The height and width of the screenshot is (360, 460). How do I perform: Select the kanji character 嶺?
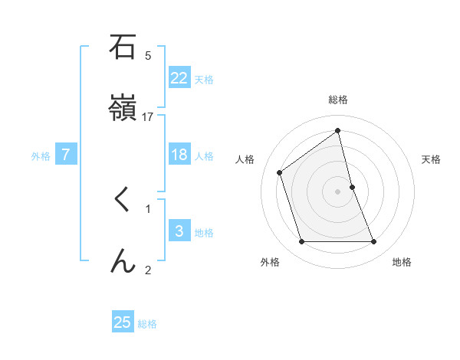click(x=123, y=109)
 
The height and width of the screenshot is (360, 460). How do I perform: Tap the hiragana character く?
click(x=122, y=201)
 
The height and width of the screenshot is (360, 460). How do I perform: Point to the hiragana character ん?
click(x=123, y=261)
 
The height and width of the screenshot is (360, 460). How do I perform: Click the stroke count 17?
click(x=149, y=116)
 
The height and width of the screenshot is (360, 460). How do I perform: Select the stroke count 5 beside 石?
click(x=148, y=55)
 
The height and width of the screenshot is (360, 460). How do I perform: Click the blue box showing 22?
click(x=179, y=78)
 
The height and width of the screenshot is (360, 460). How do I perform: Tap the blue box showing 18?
click(x=179, y=155)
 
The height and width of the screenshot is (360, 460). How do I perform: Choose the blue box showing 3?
click(x=179, y=231)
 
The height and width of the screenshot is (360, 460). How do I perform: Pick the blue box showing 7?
click(x=66, y=155)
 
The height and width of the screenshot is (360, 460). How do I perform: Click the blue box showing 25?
click(x=123, y=322)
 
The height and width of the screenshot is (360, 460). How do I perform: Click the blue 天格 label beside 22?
click(x=204, y=80)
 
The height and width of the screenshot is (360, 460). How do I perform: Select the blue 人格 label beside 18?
click(x=204, y=156)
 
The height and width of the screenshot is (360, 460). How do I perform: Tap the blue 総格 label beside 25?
click(x=147, y=324)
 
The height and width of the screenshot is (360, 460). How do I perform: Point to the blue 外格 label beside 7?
click(x=41, y=156)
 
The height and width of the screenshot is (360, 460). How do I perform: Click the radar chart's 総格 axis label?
click(x=338, y=100)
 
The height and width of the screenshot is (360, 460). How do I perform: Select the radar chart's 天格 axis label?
click(x=431, y=159)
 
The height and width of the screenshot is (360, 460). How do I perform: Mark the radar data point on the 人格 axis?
click(x=280, y=172)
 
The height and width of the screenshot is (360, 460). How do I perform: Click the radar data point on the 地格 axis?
click(x=374, y=242)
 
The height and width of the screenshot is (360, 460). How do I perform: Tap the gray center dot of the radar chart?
click(x=338, y=191)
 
